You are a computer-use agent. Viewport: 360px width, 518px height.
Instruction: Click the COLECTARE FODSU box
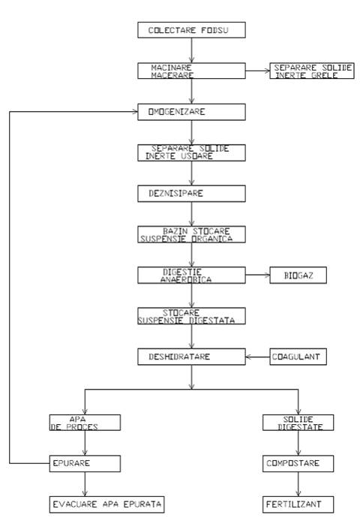coord(191,30)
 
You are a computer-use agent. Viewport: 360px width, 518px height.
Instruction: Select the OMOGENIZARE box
coord(191,112)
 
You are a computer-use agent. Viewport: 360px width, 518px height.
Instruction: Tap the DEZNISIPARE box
coord(191,194)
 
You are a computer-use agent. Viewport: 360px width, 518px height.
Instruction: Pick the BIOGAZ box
coord(298,276)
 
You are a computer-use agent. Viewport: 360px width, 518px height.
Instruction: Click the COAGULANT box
coord(298,357)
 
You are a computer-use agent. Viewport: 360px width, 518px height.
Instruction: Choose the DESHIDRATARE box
coord(191,357)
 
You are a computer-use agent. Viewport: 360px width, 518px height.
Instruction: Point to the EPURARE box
coord(85,463)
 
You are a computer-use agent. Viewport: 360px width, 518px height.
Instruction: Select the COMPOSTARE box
coord(298,463)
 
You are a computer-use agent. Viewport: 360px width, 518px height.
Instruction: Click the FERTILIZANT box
coord(298,504)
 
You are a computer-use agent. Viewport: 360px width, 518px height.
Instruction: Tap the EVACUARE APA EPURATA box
coord(107,504)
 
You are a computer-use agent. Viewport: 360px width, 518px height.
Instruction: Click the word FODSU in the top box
coord(214,30)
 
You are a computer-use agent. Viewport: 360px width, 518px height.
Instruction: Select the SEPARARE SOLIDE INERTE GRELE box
coord(312,71)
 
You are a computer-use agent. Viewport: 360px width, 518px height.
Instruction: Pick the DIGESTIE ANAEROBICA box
coord(191,276)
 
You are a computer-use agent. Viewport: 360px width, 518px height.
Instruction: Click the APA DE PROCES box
coord(85,423)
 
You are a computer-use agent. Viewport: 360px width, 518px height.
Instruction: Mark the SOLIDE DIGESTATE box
coord(298,423)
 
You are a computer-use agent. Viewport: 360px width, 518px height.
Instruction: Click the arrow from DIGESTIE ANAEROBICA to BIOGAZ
coord(258,275)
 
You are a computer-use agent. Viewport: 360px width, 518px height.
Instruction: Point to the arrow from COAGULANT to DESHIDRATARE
coord(258,357)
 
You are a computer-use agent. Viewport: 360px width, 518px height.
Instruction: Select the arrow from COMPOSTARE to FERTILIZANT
coord(298,484)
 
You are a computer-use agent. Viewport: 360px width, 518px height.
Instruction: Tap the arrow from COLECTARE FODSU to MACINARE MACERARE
coord(191,50)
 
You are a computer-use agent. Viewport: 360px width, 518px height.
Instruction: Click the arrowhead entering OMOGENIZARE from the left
coord(135,112)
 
